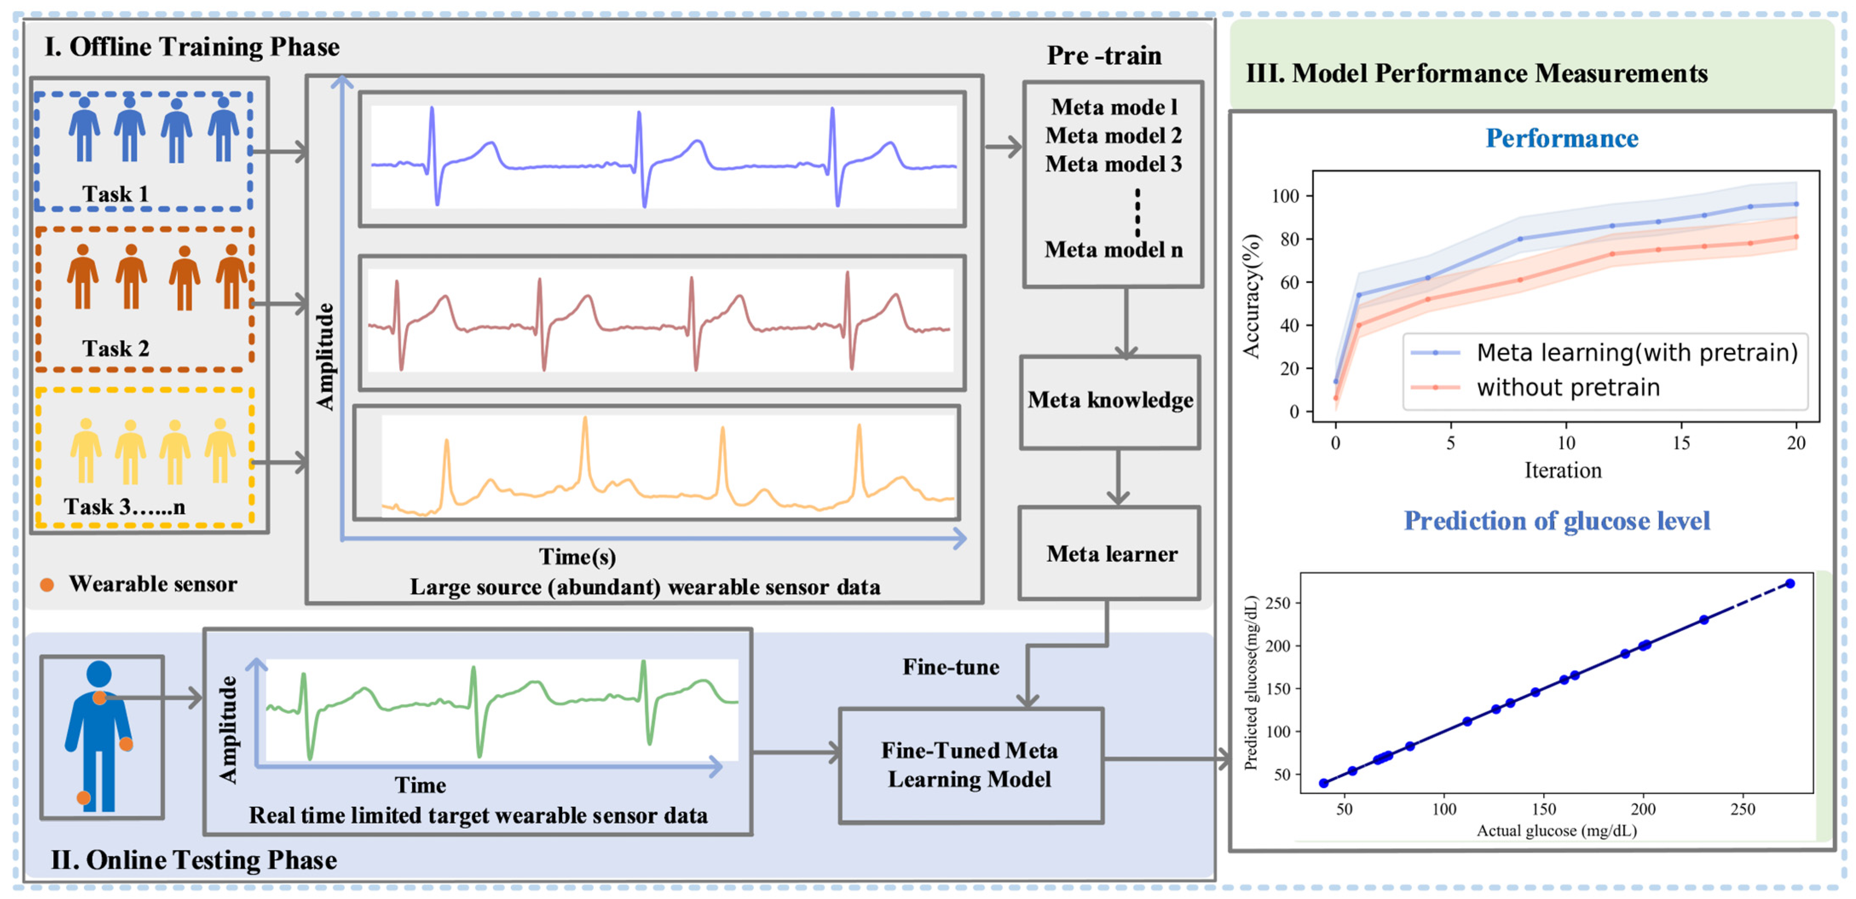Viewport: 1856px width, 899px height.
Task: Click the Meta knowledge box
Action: coord(1110,401)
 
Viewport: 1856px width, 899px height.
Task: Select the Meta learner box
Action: coord(1110,554)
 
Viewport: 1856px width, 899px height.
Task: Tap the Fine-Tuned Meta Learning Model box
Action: coord(970,765)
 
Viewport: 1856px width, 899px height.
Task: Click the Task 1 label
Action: coord(115,194)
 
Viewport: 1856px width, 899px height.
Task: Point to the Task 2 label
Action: coord(115,349)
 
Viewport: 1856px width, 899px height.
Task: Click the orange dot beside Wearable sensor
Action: coord(47,585)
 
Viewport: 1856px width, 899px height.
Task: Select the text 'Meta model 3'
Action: coord(1113,164)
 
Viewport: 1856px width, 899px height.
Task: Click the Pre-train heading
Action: coord(1104,55)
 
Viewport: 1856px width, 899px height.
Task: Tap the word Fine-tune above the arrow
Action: coord(950,667)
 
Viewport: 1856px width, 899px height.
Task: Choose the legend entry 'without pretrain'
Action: coord(1568,388)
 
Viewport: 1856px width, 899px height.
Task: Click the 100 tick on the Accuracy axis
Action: coord(1284,196)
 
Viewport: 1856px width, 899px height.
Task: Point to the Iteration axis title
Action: coord(1562,471)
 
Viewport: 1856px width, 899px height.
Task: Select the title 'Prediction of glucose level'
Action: coord(1556,521)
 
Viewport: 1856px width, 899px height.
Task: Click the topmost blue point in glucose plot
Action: coord(1790,583)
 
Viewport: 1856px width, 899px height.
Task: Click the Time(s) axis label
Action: coord(577,557)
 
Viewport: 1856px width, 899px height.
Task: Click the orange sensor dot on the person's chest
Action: coord(99,697)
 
